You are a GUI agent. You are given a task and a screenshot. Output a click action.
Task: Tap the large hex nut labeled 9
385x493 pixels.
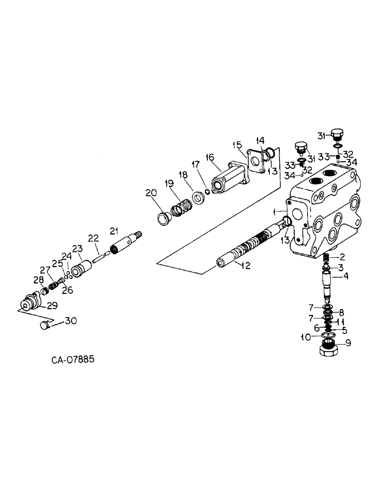click(x=327, y=349)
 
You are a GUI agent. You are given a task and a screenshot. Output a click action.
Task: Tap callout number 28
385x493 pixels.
click(x=38, y=281)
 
